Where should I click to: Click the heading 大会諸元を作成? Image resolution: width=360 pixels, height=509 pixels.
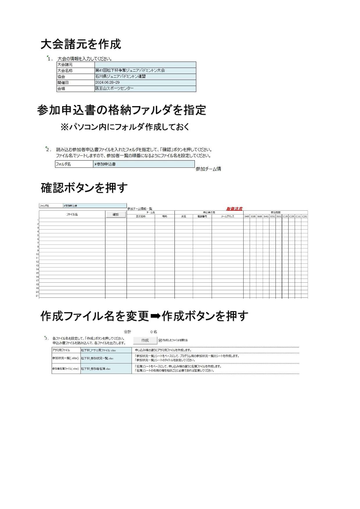point(81,44)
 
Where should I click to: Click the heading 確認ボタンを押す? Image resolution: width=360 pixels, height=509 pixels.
point(84,188)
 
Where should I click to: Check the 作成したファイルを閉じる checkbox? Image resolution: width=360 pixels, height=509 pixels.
point(160,340)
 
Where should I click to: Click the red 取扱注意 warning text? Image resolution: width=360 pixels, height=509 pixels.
point(234,208)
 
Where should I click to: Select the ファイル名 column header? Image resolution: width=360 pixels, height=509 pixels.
point(72,214)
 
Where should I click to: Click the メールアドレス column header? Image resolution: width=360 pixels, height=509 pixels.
point(227,216)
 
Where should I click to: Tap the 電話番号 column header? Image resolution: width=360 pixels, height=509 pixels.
point(202,216)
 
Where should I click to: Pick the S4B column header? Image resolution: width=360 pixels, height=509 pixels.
point(246,216)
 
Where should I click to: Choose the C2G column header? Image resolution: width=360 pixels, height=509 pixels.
point(304,216)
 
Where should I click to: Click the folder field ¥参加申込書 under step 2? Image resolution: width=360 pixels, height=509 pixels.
point(144,164)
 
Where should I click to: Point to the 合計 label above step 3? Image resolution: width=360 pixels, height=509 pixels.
point(127,332)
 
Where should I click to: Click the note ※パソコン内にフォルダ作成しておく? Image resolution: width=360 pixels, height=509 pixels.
point(125,127)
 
